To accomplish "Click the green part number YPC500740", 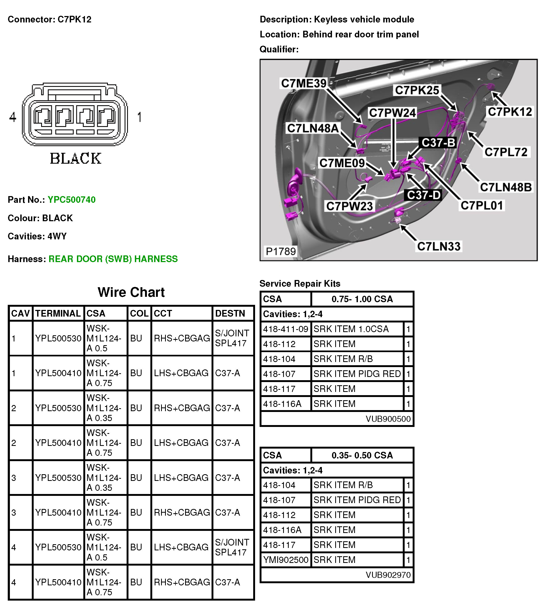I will (x=72, y=200).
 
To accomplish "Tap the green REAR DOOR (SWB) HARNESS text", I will (x=113, y=259).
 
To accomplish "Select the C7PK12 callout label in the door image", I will (x=510, y=112).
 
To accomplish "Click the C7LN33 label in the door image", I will (x=439, y=247).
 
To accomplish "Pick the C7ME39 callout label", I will (x=304, y=83).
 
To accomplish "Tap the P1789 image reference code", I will (x=281, y=251).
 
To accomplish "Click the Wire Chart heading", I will (x=131, y=292).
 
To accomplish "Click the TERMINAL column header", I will (x=58, y=313).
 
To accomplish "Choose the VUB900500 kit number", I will (x=388, y=419).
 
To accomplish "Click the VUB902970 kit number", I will (x=388, y=575).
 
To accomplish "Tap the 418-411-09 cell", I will (x=286, y=329).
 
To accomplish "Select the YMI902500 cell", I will (x=286, y=560).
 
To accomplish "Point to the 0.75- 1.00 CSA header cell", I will (x=362, y=299).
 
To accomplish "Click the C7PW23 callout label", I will (x=349, y=206).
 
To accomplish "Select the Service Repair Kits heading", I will (x=300, y=283).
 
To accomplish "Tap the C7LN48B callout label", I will (x=506, y=187).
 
